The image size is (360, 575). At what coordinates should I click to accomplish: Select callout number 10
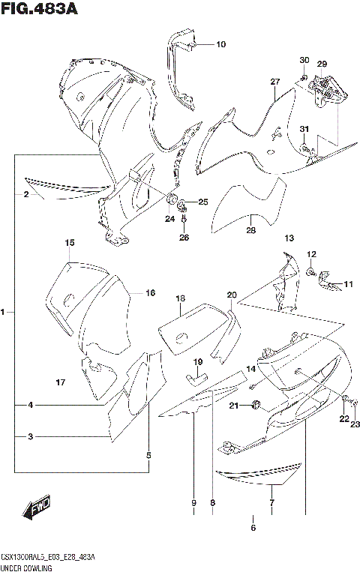coord(220,44)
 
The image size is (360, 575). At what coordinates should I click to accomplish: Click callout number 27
coord(274,81)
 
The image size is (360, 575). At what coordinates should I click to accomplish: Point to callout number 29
coord(322,64)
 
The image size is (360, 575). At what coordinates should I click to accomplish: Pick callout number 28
coord(250,231)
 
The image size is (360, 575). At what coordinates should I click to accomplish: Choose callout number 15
coord(69,243)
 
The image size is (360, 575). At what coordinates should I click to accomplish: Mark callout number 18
coord(180,299)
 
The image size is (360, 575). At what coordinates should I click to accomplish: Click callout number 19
coord(198,362)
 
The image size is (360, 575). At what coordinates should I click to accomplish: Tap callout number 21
coord(234,406)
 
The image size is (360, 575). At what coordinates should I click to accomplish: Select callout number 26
coord(184,238)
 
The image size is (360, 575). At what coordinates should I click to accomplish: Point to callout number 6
coord(253,528)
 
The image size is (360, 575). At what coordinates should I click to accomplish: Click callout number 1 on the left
coord(4,311)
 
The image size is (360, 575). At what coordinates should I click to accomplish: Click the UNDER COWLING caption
coord(25,569)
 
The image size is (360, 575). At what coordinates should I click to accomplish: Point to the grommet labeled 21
coord(256,406)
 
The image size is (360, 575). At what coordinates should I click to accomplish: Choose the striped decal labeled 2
coord(67,189)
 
